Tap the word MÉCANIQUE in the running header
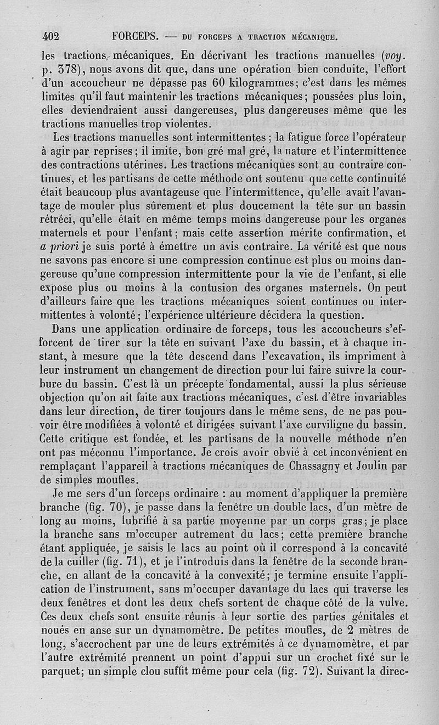(x=313, y=38)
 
